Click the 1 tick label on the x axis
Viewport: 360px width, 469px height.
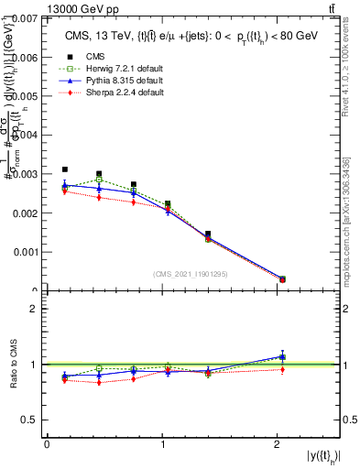pos(163,444)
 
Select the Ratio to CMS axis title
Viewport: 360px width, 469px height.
pos(16,365)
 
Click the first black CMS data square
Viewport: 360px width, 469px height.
pos(65,169)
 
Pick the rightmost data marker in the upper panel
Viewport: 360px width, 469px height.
pos(282,279)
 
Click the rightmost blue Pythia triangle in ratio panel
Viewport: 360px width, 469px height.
pos(282,356)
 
